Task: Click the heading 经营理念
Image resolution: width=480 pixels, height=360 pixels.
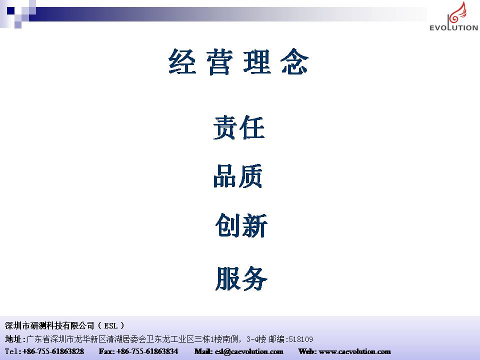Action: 238,61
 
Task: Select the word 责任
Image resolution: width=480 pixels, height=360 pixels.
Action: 239,127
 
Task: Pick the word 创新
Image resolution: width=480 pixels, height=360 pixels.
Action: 241,225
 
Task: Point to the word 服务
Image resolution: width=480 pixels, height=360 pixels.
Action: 241,278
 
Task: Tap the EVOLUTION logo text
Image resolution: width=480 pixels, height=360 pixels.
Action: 453,27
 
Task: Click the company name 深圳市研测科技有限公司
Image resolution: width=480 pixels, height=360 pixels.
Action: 49,325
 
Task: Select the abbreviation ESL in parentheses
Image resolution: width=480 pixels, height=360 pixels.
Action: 111,325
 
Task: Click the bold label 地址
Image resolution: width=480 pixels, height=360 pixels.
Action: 13,339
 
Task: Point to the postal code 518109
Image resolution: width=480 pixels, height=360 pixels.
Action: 301,339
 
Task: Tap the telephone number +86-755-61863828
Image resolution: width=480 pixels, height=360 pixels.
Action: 53,351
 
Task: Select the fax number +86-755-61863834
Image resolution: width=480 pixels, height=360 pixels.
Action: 147,351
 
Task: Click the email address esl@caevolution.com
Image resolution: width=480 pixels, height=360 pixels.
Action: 249,351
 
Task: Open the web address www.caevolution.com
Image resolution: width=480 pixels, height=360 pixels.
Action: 354,351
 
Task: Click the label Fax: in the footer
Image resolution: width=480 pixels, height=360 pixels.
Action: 106,351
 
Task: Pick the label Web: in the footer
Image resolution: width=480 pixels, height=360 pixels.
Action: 307,351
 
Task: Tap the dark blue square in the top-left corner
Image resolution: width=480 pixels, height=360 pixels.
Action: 10,10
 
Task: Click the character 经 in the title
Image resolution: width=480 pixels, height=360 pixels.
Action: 182,61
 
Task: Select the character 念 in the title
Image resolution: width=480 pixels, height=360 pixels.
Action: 294,61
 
